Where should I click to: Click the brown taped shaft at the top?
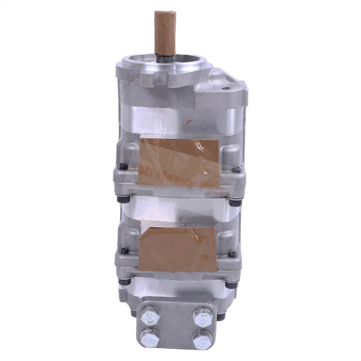(165, 31)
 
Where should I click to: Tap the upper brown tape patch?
(179, 162)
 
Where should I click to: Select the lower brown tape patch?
(178, 250)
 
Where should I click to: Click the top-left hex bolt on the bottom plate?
(151, 316)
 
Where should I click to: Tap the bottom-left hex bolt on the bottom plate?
(151, 338)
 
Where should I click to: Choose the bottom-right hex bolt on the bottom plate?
(202, 340)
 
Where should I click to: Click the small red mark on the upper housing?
(190, 120)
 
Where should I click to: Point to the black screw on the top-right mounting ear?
(226, 88)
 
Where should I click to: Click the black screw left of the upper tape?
(123, 166)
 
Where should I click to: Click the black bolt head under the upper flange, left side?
(122, 199)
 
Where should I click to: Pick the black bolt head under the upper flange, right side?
(235, 202)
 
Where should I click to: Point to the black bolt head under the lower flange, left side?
(122, 281)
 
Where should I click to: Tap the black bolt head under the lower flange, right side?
(231, 284)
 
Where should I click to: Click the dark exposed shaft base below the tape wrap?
(165, 57)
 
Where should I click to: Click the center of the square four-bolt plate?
(176, 327)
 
